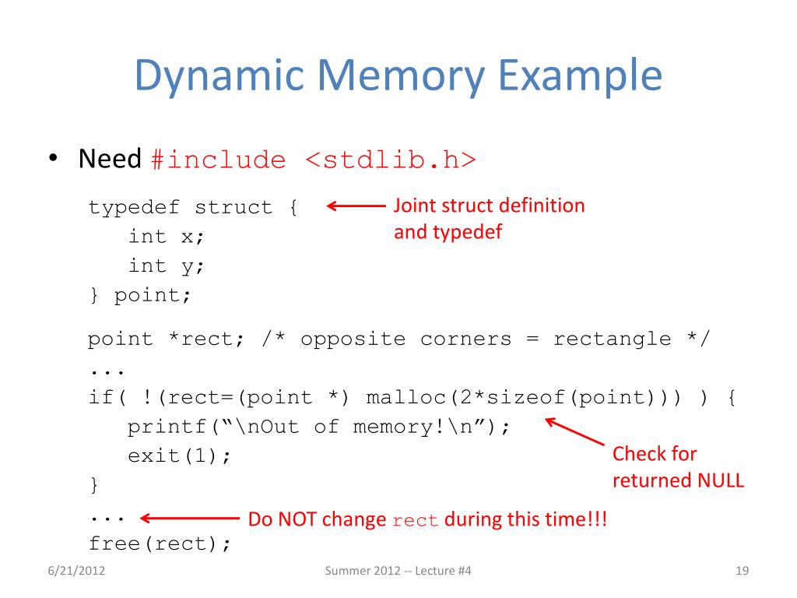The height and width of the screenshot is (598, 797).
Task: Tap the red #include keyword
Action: pos(218,160)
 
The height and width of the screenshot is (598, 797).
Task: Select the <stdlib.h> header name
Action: pos(390,160)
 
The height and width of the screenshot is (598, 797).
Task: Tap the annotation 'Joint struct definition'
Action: pos(489,206)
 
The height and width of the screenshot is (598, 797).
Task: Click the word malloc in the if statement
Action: pos(406,399)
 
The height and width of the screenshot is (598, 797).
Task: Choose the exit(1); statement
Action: pos(180,456)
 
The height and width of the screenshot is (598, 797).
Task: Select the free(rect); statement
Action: pos(160,543)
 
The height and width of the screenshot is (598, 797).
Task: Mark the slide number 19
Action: pos(741,573)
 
